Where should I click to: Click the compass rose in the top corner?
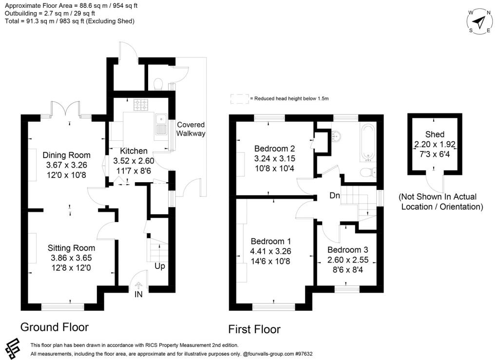(480, 22)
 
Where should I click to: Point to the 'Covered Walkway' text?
(191, 129)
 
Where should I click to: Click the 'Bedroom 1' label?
(270, 242)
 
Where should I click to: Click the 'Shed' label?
(435, 134)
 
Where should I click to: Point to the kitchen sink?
(161, 125)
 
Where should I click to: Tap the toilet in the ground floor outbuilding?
(157, 85)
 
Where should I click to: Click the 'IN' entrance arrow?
(138, 287)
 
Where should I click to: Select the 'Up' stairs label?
(159, 267)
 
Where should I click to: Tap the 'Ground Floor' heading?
(55, 326)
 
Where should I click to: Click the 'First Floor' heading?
(254, 329)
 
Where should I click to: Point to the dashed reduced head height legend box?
(239, 98)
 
